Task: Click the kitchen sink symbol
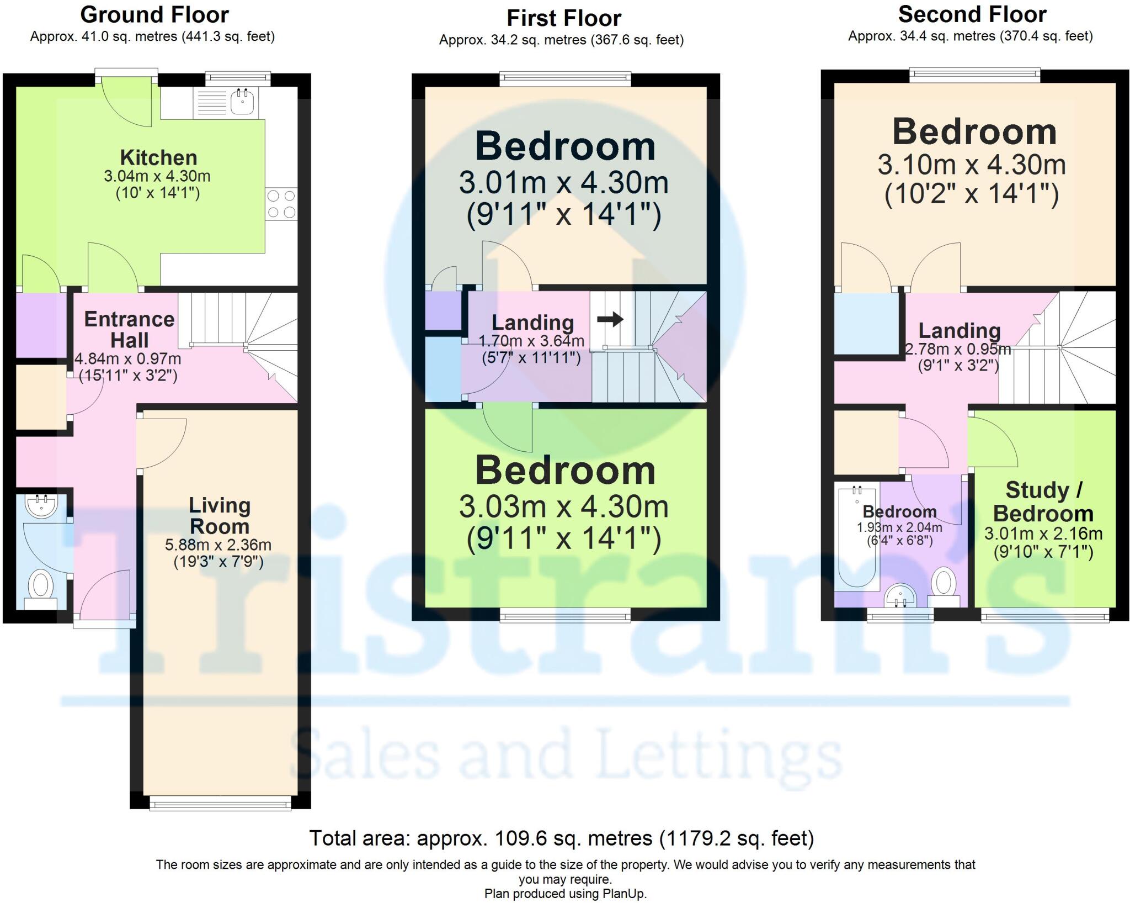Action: click(242, 102)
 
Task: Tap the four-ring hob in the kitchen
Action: click(281, 204)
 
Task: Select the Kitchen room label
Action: click(158, 158)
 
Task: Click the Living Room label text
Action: click(219, 515)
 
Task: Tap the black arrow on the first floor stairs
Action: click(610, 319)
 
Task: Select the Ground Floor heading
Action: click(154, 15)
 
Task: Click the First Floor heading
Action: click(563, 19)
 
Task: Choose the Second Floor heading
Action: click(972, 15)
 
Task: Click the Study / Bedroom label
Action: click(1043, 501)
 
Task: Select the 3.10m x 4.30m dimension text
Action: click(972, 165)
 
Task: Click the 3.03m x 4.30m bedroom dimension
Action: click(563, 506)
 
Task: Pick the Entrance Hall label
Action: click(129, 329)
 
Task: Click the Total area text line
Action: click(561, 838)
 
